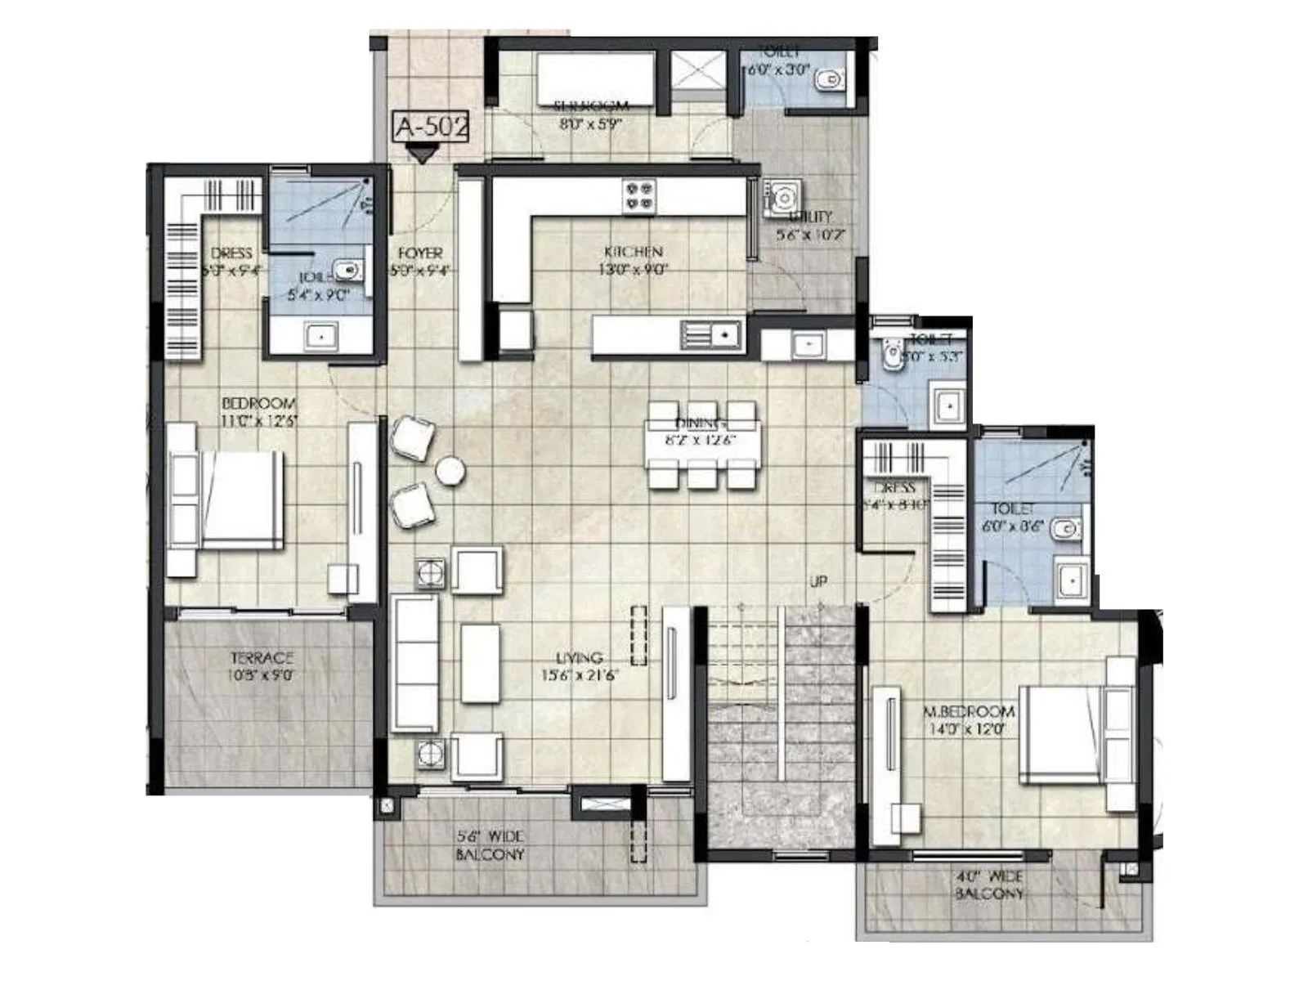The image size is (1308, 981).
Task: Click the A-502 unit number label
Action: coord(432,127)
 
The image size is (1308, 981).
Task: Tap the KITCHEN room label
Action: coord(634,252)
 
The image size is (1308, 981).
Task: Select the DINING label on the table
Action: coord(701,423)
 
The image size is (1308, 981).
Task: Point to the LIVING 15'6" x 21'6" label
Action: coord(580,666)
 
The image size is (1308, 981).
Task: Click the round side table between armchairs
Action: coord(450,471)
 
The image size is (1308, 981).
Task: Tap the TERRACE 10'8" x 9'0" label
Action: coord(261,666)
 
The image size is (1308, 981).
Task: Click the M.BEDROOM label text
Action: coord(970,712)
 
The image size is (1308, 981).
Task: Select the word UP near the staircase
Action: coord(817,581)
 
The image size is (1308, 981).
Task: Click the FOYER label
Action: coord(420,253)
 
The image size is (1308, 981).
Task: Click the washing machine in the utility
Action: coord(782,199)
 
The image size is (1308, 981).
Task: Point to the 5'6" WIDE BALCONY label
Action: coord(490,845)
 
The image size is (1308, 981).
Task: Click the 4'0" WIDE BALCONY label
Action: coord(989,885)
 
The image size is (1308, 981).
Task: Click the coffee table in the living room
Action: coord(480,663)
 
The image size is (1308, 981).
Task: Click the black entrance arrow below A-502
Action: coord(422,153)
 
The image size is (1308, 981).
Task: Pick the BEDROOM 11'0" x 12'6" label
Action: coord(259,411)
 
